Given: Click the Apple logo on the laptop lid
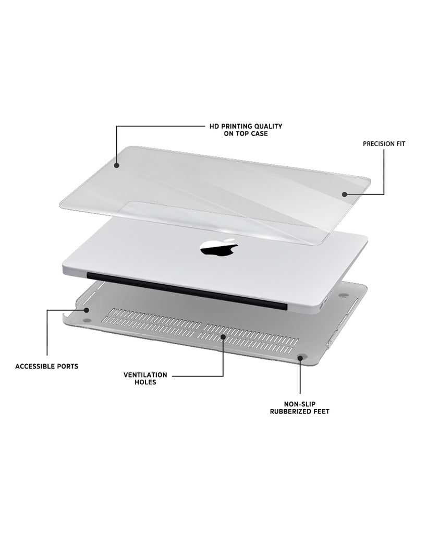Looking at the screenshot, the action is coord(218,248).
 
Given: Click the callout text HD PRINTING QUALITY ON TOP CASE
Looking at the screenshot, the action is coord(246,130).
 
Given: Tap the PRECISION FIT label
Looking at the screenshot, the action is coord(384,144).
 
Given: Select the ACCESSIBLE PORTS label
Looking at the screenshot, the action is coord(46,367).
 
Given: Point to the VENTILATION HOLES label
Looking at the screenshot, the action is coord(145,379).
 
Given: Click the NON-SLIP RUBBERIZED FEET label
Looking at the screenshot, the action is coord(300,408).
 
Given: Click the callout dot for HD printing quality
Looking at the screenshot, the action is coord(116,165).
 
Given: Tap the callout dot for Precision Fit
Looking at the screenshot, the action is coord(345,195).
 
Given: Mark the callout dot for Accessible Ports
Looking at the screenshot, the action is coord(87,310).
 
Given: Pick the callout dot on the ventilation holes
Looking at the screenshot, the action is coord(223,337).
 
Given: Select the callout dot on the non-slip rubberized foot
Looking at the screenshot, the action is coord(300,358).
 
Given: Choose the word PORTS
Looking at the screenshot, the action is coord(68,367).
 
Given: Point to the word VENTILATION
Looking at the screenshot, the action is coord(145,375).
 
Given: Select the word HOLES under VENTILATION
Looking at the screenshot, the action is coord(145,382).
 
